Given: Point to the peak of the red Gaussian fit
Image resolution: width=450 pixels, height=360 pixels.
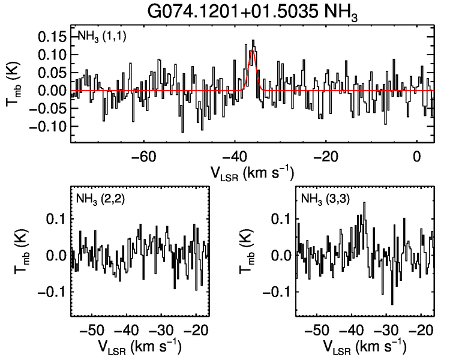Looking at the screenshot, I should click(x=253, y=51).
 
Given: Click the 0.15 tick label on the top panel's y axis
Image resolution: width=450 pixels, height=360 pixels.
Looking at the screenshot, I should click(x=52, y=37).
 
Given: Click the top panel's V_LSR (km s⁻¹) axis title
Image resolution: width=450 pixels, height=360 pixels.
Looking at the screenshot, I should click(x=252, y=173).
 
